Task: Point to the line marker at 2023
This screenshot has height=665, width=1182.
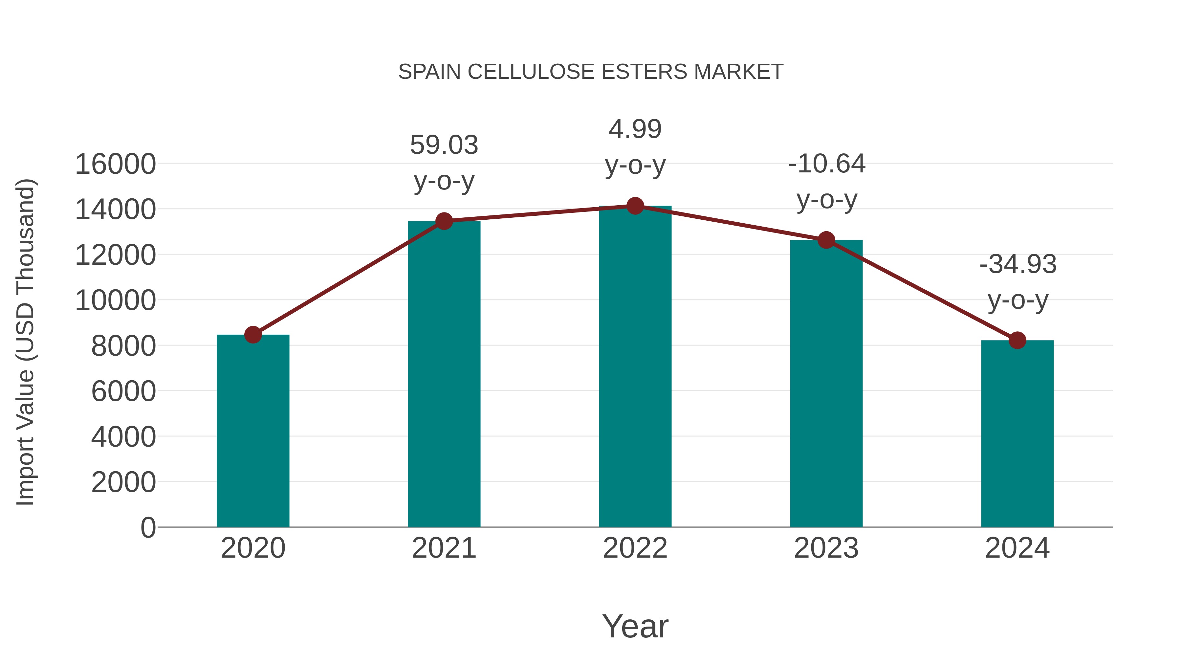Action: (826, 240)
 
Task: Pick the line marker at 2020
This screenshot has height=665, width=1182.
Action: (253, 335)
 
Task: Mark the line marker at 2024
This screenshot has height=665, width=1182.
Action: (1017, 340)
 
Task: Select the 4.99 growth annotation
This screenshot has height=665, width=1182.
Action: (635, 129)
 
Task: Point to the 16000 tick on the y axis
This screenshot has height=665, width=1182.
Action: (115, 164)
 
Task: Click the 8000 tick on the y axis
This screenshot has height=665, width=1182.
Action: (123, 346)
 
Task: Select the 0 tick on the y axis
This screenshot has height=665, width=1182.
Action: (148, 527)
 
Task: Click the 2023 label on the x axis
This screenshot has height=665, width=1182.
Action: (826, 548)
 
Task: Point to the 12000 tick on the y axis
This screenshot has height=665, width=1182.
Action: (115, 255)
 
